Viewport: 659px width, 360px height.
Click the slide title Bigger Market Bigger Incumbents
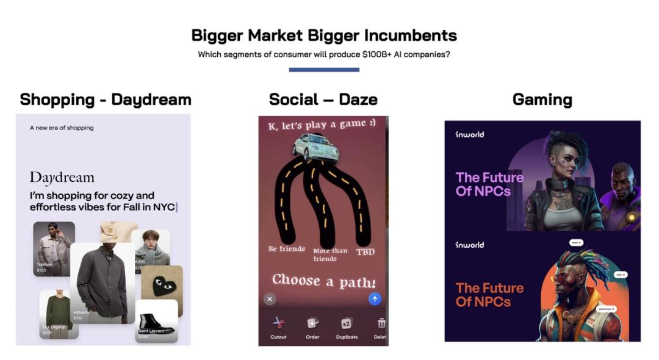pyautogui.click(x=324, y=35)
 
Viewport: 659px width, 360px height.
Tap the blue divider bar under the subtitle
pyautogui.click(x=324, y=70)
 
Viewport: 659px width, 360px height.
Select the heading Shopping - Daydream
pyautogui.click(x=106, y=99)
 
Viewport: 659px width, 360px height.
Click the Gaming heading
pyautogui.click(x=542, y=99)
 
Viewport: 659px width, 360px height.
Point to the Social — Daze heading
pyautogui.click(x=323, y=99)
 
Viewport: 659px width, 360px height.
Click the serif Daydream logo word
pyautogui.click(x=62, y=178)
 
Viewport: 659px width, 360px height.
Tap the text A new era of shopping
pyautogui.click(x=62, y=128)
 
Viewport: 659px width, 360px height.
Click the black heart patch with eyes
pyautogui.click(x=162, y=283)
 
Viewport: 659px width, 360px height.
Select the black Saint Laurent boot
pyautogui.click(x=156, y=322)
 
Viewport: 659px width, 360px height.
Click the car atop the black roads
pyautogui.click(x=315, y=148)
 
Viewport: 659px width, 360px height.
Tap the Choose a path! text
pyautogui.click(x=323, y=280)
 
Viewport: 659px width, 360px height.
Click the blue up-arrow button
pyautogui.click(x=375, y=299)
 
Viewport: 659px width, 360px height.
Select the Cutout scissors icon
pyautogui.click(x=278, y=323)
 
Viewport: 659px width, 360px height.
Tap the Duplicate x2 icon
pyautogui.click(x=347, y=323)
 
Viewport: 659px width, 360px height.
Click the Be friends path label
pyautogui.click(x=287, y=249)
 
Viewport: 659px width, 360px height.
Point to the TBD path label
pyautogui.click(x=365, y=251)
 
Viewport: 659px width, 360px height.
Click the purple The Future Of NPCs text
pyautogui.click(x=489, y=184)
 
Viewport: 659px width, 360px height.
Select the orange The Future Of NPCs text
pyautogui.click(x=489, y=294)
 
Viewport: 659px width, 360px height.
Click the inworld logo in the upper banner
pyautogui.click(x=470, y=134)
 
